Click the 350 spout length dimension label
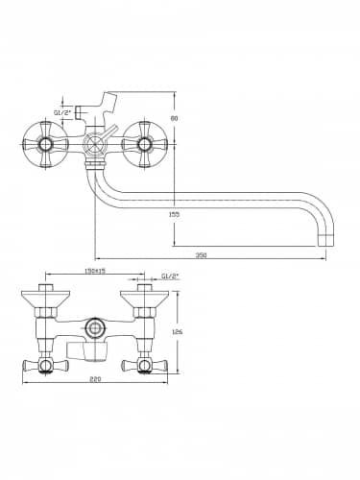click(x=202, y=255)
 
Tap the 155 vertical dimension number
click(x=174, y=214)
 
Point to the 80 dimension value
click(x=174, y=118)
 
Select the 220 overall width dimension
click(x=95, y=379)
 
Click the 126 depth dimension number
click(x=177, y=332)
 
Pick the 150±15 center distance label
click(x=95, y=271)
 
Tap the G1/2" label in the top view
click(x=170, y=276)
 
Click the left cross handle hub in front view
click(x=45, y=145)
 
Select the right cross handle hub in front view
click(x=144, y=145)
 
